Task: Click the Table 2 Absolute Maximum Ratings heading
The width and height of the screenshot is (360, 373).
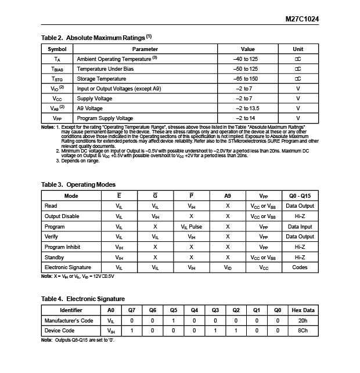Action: click(96, 38)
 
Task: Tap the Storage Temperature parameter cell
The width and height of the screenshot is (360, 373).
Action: click(102, 79)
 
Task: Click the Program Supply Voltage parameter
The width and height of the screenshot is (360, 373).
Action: click(105, 118)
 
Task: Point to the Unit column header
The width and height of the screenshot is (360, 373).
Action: click(297, 49)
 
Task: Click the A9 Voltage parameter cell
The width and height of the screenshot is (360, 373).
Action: click(90, 108)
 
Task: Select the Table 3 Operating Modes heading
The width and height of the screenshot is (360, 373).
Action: click(78, 184)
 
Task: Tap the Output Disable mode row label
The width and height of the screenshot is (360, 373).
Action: click(62, 216)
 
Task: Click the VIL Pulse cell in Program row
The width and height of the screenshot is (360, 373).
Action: click(191, 227)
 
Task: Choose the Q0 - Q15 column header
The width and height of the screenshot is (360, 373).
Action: click(300, 196)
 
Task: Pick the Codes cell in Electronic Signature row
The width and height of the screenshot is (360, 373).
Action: click(300, 267)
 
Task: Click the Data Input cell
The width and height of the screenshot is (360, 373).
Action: click(300, 227)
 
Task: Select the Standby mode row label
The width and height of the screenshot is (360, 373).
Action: click(55, 257)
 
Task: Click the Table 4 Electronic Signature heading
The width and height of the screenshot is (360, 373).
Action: click(83, 298)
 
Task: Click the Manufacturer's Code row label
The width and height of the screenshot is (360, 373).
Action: click(69, 320)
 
